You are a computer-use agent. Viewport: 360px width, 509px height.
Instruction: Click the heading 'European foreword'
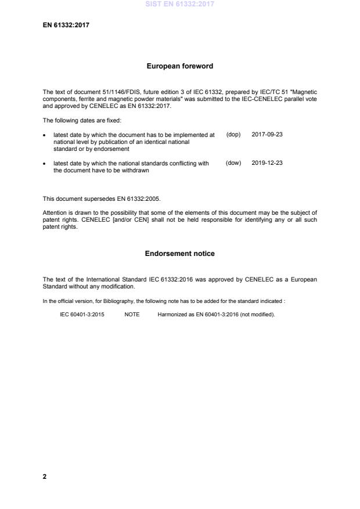[x=179, y=66]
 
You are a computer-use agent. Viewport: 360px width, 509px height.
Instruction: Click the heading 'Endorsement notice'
[x=179, y=254]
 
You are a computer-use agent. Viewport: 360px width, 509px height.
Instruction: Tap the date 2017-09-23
[x=267, y=134]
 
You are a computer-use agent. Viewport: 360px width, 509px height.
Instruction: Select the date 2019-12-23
[x=267, y=163]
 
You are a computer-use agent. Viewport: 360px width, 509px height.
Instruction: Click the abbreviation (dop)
[x=233, y=134]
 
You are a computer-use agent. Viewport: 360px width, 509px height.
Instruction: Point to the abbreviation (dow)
[x=233, y=163]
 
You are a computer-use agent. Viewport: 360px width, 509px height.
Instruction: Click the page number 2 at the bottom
[x=45, y=476]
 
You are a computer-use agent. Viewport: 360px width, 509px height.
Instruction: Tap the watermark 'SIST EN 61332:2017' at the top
[x=179, y=3]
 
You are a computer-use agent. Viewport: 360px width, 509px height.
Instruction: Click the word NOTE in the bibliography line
[x=132, y=314]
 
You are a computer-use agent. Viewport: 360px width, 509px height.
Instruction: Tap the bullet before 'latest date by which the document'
[x=45, y=135]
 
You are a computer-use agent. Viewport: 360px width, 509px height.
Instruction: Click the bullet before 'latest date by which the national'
[x=45, y=164]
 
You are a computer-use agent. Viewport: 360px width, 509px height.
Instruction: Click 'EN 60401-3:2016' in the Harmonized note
[x=208, y=314]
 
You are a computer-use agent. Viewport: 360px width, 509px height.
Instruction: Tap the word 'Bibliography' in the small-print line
[x=118, y=300]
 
